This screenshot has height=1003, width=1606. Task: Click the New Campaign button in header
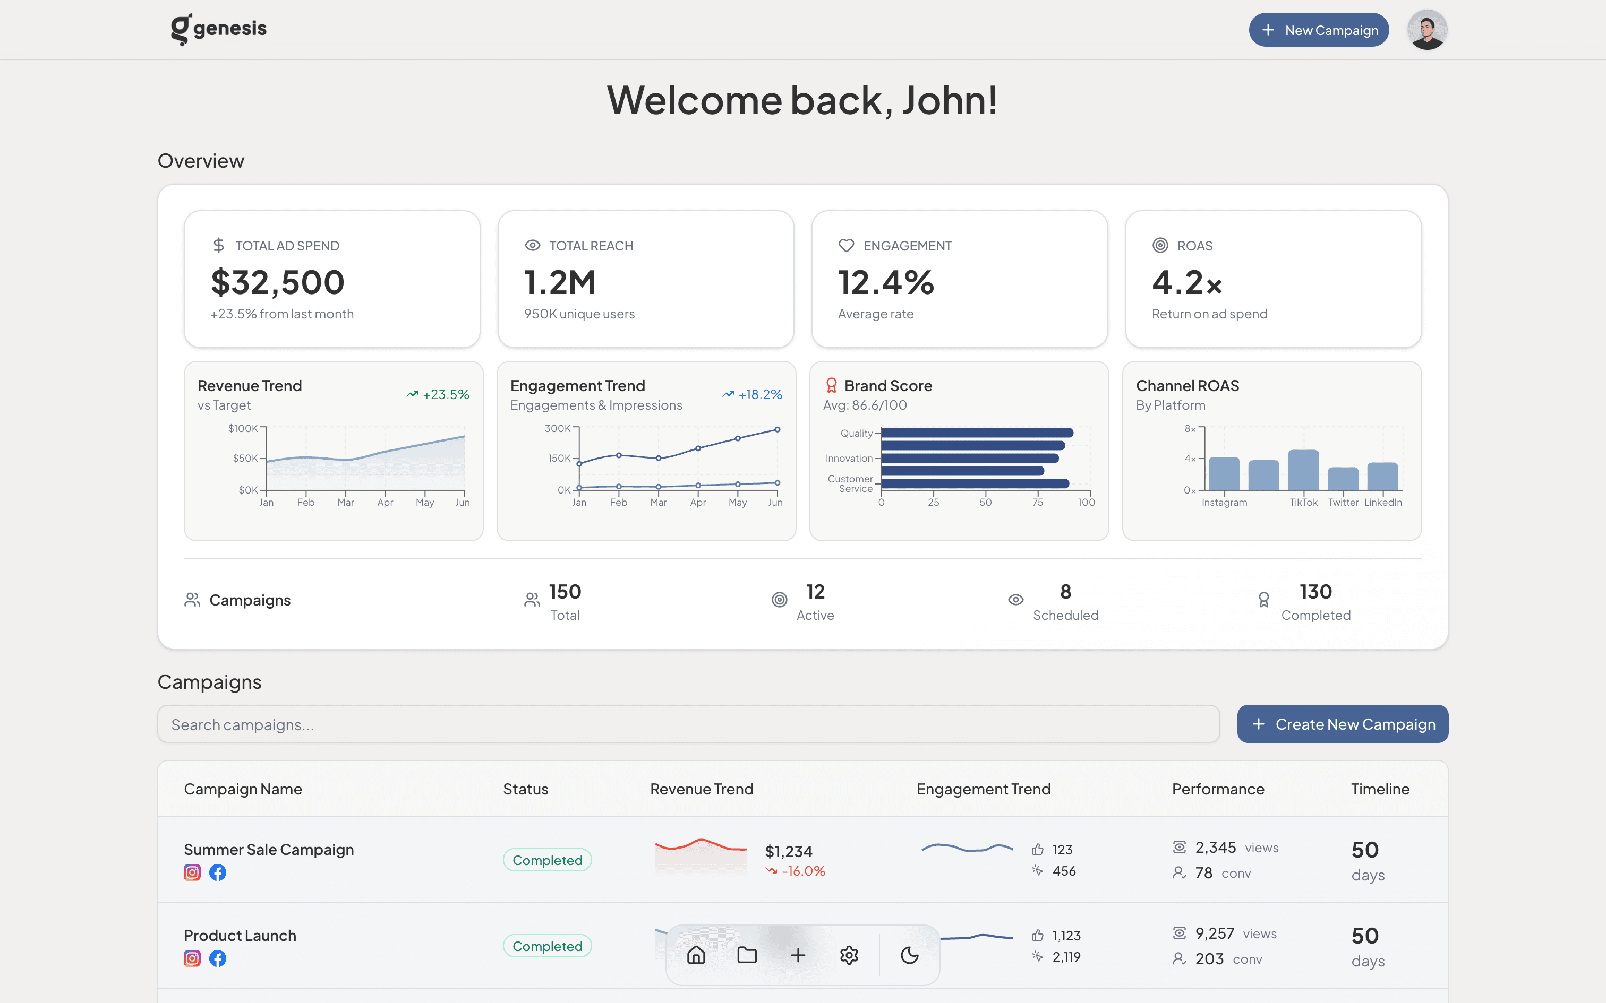tap(1318, 30)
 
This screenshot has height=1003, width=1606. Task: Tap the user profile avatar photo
tap(1427, 30)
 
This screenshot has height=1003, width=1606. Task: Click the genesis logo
tap(218, 29)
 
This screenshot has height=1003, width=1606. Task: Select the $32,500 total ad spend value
tap(277, 282)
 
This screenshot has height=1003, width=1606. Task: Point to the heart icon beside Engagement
tap(846, 245)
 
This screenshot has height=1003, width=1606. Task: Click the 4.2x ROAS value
tap(1186, 282)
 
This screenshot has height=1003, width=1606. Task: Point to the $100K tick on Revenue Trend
tap(243, 429)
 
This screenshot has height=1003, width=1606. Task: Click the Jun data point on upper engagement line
tap(777, 430)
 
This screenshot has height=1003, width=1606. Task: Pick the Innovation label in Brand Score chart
tap(849, 459)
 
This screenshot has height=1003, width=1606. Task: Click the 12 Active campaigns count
tap(814, 592)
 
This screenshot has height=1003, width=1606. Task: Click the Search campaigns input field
tap(688, 724)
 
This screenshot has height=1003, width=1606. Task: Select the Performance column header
tap(1218, 789)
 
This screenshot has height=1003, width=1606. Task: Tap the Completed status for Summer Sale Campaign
tap(547, 860)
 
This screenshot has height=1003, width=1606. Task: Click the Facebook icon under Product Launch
tap(218, 958)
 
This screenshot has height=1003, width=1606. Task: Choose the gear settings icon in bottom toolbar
tap(849, 955)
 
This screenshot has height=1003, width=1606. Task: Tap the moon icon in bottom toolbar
tap(909, 955)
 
